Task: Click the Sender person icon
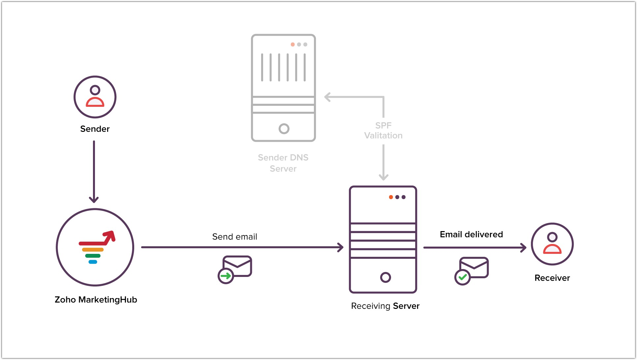[95, 97]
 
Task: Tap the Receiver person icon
[552, 244]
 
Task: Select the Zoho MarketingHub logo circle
[95, 247]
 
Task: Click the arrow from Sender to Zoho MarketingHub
[94, 171]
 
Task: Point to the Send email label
[234, 237]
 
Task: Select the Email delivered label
[471, 234]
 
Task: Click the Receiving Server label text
[385, 306]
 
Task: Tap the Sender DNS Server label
[283, 163]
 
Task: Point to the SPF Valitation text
[383, 131]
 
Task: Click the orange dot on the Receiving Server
[391, 197]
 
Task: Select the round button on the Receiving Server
[385, 277]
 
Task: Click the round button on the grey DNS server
[284, 129]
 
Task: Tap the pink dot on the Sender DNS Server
[292, 45]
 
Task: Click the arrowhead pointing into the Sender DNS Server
[327, 97]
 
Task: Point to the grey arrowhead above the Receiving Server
[383, 177]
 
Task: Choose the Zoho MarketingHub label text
[96, 300]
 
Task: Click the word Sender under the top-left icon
[95, 129]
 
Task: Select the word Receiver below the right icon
[552, 278]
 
